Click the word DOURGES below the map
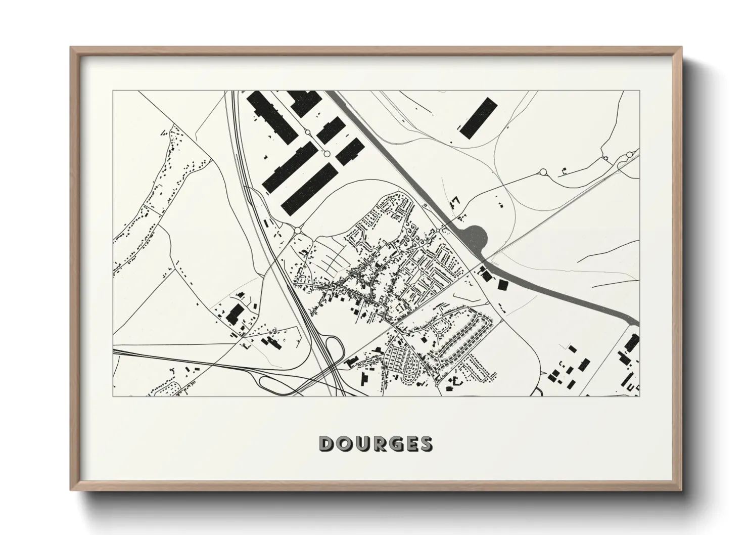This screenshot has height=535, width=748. pyautogui.click(x=376, y=443)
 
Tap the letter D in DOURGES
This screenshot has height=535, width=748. pyautogui.click(x=326, y=443)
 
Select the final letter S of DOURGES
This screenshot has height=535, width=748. pyautogui.click(x=426, y=443)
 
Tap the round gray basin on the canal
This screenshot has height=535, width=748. pyautogui.click(x=475, y=236)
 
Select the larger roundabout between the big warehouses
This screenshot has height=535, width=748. pyautogui.click(x=326, y=153)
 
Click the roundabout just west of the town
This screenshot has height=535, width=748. pyautogui.click(x=298, y=231)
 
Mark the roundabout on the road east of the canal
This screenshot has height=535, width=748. pyautogui.click(x=544, y=172)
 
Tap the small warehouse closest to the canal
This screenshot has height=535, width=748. pyautogui.click(x=350, y=152)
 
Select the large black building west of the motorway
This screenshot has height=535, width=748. pyautogui.click(x=235, y=314)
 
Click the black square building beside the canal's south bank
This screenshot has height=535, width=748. pyautogui.click(x=503, y=286)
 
